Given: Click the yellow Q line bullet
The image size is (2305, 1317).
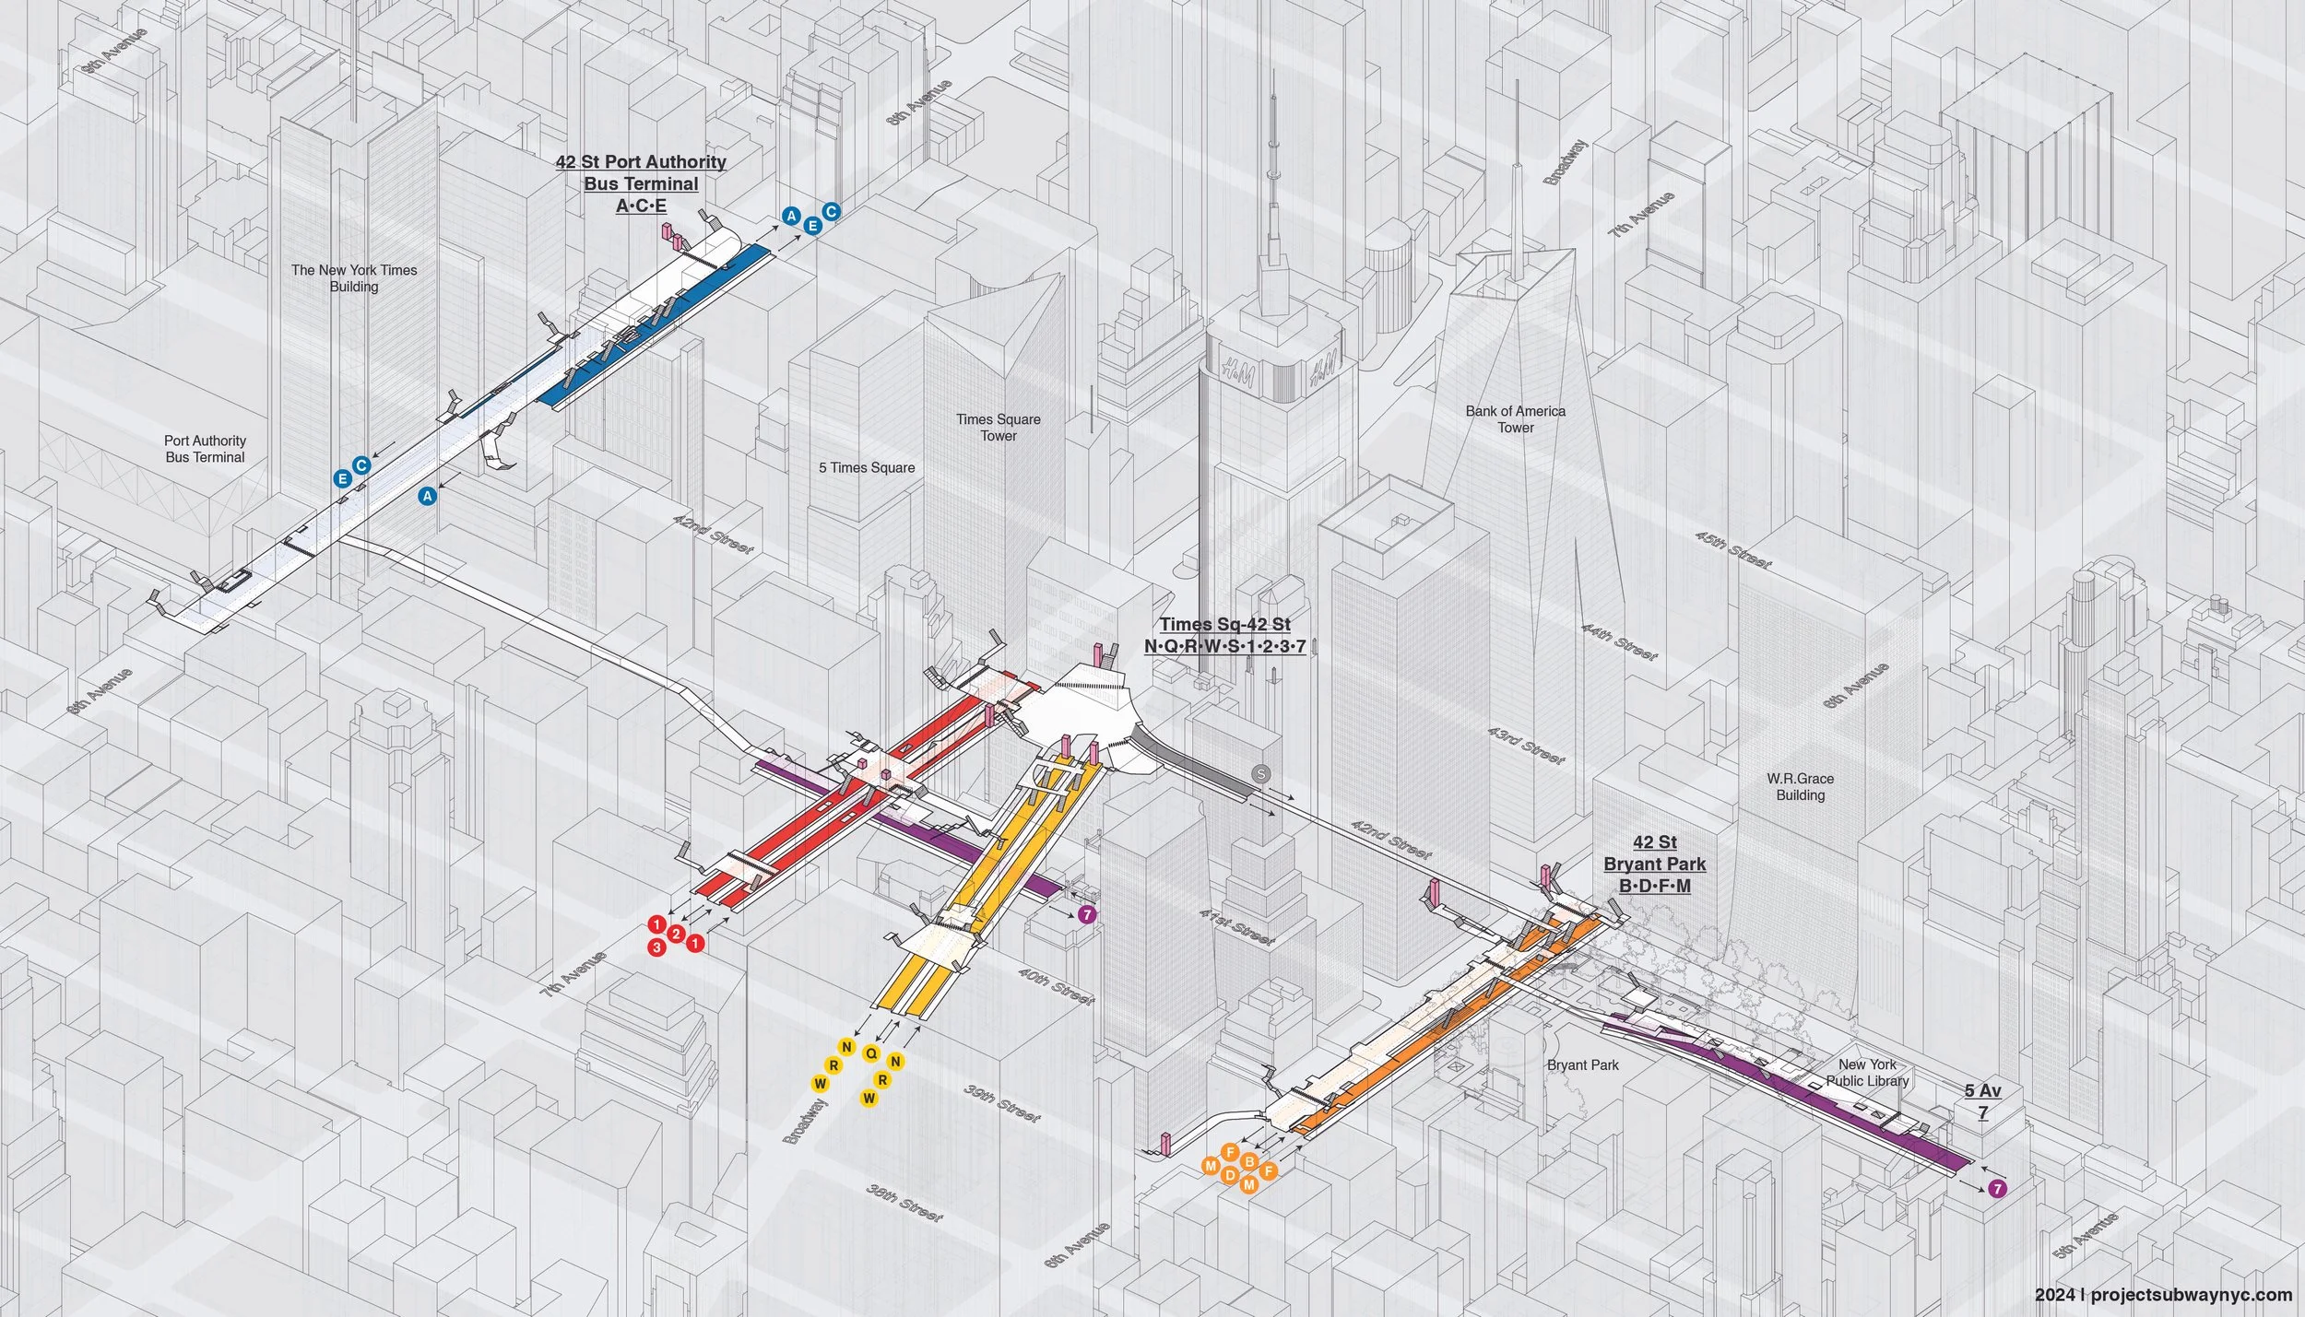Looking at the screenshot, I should tap(871, 1052).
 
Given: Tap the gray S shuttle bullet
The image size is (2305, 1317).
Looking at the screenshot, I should tap(1260, 774).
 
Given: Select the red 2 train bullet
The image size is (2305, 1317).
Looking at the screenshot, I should tap(676, 935).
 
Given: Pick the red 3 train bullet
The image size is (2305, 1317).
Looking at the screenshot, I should tap(656, 947).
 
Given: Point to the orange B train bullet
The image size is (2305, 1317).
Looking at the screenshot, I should tap(1249, 1161).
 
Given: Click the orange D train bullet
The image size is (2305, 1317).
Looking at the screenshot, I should tap(1230, 1175).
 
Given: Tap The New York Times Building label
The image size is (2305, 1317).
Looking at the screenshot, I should tap(354, 278).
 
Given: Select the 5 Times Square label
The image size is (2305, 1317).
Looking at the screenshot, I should tap(867, 467).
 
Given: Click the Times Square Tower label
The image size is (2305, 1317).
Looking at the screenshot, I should tap(999, 428).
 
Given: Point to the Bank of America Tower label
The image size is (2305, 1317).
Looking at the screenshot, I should tap(1515, 419).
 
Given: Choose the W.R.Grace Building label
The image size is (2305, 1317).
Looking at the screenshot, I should tap(1800, 787).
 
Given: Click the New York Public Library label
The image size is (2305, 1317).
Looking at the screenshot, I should tap(1868, 1073).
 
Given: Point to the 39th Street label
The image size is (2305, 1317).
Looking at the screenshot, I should tap(1002, 1102).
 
